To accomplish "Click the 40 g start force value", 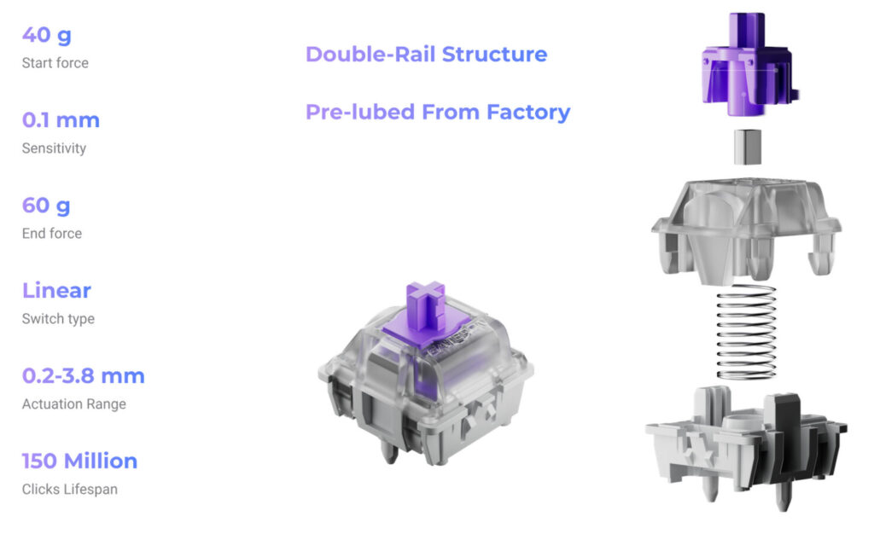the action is tap(47, 35).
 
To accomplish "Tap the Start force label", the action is tap(55, 63).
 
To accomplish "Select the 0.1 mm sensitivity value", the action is tap(61, 120).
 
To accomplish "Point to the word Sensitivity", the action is tap(54, 148).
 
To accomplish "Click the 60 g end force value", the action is tap(46, 206).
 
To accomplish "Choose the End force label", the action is tap(52, 234).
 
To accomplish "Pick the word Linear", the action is tap(56, 291).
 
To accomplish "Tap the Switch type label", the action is tap(59, 318).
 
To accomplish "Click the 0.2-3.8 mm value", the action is tap(84, 376).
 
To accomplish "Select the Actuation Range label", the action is tap(74, 403).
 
